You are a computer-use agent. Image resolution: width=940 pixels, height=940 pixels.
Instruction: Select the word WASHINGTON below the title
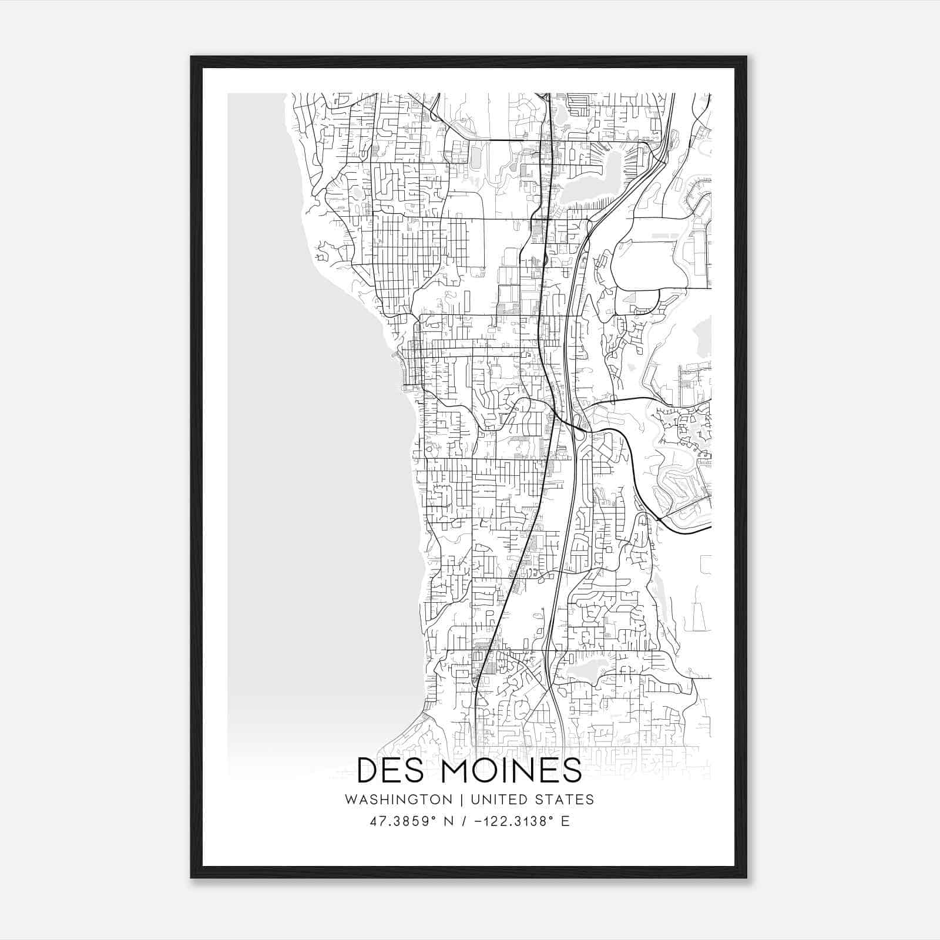(398, 800)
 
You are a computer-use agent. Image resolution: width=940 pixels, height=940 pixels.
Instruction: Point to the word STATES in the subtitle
(566, 800)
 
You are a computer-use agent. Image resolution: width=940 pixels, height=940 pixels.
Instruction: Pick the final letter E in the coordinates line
(565, 821)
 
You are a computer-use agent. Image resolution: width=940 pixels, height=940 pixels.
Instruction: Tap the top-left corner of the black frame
(192, 58)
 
